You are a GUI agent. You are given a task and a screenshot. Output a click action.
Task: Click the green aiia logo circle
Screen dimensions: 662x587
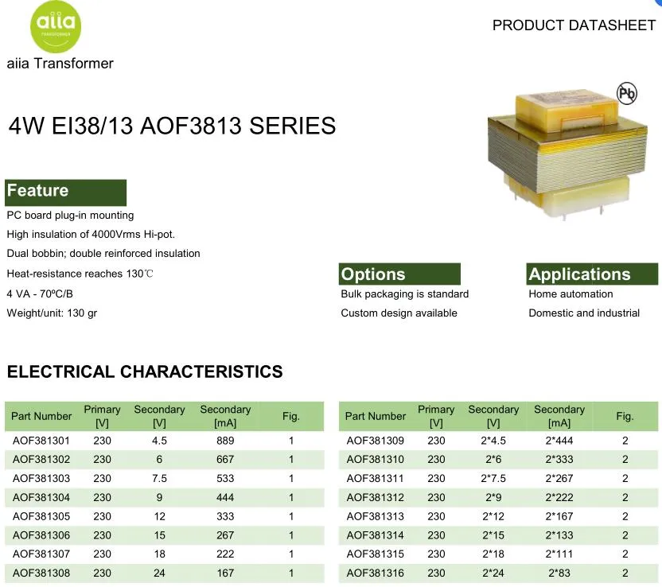click(56, 27)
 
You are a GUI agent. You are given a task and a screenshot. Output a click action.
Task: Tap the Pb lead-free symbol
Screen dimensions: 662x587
click(626, 93)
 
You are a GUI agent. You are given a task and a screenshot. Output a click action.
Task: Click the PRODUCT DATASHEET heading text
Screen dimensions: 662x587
click(574, 25)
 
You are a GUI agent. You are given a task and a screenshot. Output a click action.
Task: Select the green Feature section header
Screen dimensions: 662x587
click(65, 192)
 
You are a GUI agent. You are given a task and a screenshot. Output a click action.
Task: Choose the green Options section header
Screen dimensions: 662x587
click(399, 274)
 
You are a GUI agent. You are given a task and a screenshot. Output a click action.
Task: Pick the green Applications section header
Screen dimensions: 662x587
click(592, 274)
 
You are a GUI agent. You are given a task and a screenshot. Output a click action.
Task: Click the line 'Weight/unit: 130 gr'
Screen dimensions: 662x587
click(52, 313)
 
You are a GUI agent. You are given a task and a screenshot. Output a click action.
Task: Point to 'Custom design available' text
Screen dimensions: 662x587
click(399, 313)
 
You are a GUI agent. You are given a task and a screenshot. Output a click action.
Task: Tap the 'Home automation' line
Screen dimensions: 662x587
click(570, 293)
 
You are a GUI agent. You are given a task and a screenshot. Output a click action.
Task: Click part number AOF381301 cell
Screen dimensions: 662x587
click(41, 441)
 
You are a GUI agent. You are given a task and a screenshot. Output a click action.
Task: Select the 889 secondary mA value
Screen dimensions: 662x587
click(225, 441)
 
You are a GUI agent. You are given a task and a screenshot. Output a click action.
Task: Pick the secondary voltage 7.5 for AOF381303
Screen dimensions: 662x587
click(159, 478)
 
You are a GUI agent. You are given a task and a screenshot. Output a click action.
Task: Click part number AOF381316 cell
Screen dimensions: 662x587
click(375, 573)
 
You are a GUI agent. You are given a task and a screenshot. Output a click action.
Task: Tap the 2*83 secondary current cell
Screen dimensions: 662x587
click(559, 573)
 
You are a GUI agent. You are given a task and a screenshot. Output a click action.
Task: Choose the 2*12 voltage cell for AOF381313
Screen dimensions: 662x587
click(493, 516)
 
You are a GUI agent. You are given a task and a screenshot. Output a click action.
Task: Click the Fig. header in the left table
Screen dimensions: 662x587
click(291, 416)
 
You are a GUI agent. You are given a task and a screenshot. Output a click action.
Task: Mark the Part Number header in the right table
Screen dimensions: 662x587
click(376, 416)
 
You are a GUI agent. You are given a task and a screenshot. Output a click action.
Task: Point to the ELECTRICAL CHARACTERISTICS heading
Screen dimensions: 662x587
click(145, 371)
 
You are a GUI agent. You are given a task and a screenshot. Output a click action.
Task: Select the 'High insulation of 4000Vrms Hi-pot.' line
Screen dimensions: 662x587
click(91, 234)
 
